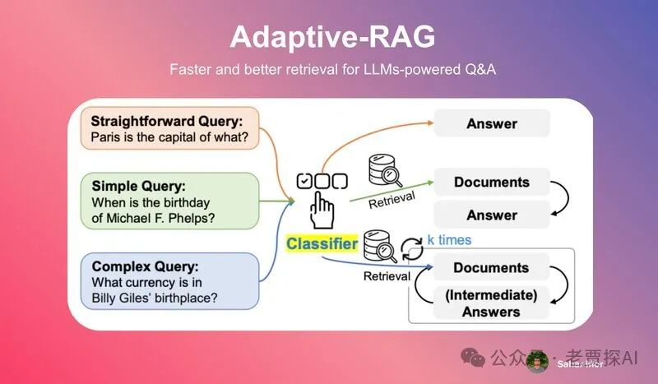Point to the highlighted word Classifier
[x=322, y=244]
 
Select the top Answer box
[x=491, y=124]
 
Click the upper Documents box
[x=491, y=182]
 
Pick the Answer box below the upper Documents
[x=491, y=215]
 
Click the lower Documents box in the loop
[x=491, y=268]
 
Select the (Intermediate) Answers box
[x=491, y=303]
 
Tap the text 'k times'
[x=448, y=239]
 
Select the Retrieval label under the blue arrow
[x=386, y=276]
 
